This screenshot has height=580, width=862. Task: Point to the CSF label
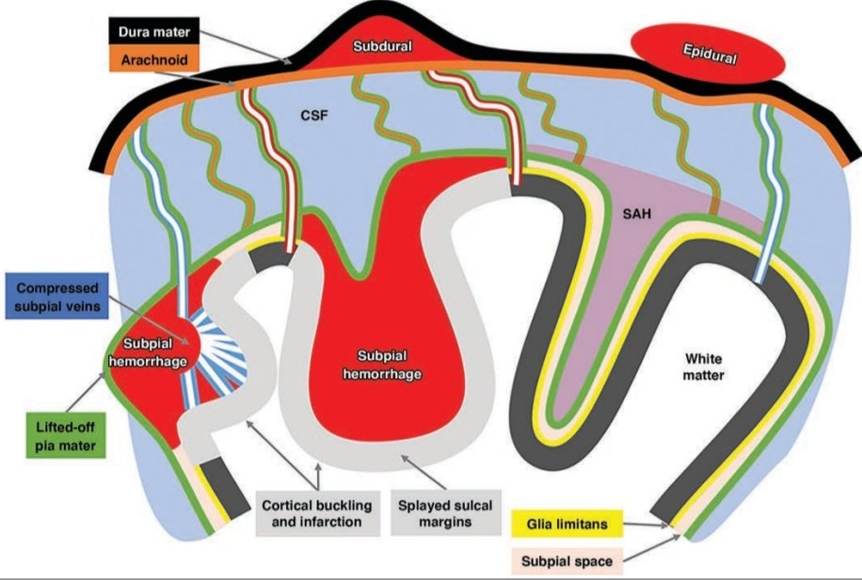point(314,118)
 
